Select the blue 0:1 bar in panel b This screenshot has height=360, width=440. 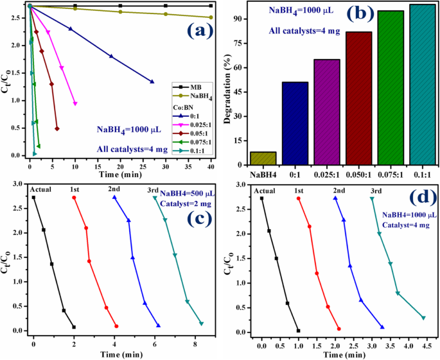(x=294, y=122)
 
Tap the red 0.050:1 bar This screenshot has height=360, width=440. (x=358, y=96)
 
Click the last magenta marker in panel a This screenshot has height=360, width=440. (x=75, y=103)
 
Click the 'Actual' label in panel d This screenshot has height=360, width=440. (x=265, y=190)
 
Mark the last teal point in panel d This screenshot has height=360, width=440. (x=423, y=318)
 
